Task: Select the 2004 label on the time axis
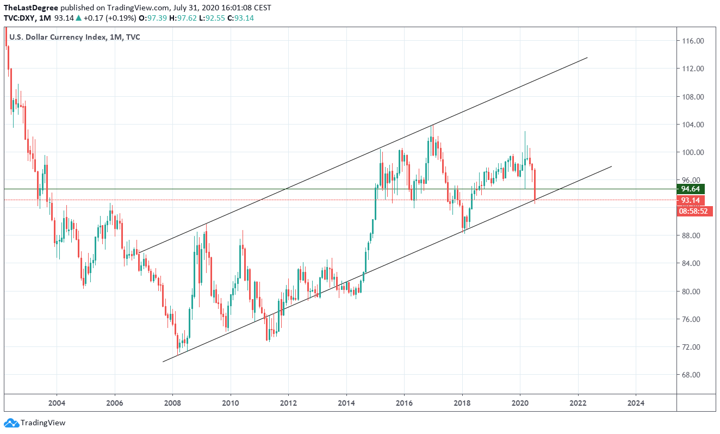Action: (57, 403)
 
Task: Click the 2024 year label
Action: (636, 403)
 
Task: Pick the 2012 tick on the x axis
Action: (288, 403)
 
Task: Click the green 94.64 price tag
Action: (691, 189)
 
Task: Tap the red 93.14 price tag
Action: (691, 200)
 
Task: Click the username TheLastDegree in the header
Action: (30, 8)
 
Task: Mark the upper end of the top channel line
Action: (587, 58)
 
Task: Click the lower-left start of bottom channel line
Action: (163, 362)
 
